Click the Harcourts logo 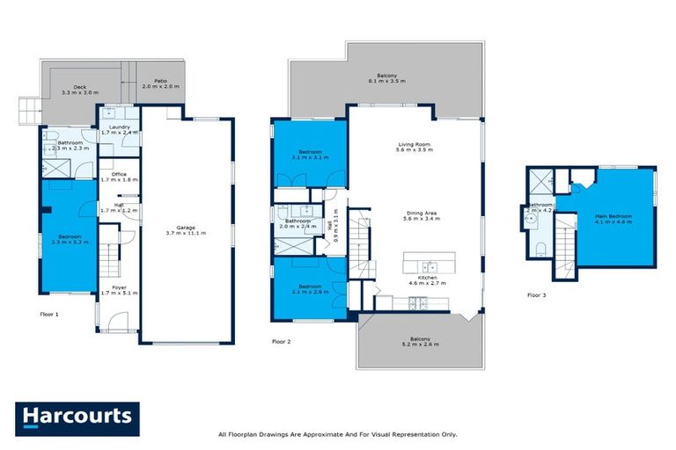pos(77,417)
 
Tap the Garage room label pos(186,231)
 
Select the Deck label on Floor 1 pos(79,90)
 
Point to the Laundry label pos(119,130)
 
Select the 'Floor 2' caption pos(282,340)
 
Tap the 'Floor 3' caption pos(536,295)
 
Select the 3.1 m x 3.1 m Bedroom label pos(308,156)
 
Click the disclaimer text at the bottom pos(337,434)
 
